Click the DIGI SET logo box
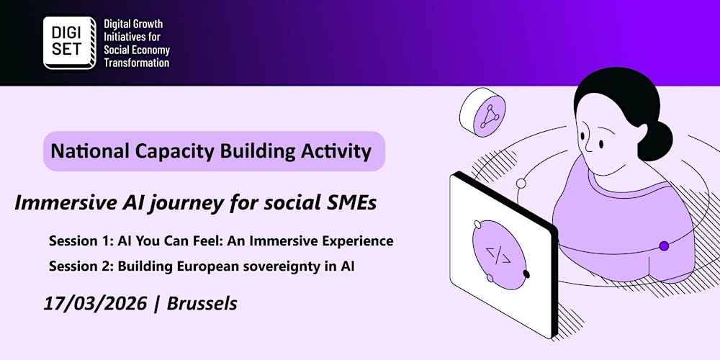pos(68,42)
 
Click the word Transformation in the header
pos(136,63)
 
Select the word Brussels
pos(202,304)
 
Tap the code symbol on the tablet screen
pos(498,254)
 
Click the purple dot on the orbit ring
pos(664,246)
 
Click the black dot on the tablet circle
pos(526,274)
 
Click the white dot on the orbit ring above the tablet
pos(521,184)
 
